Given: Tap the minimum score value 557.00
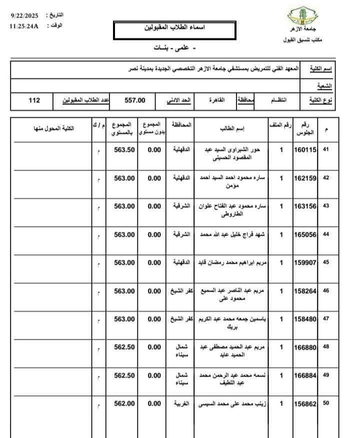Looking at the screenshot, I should pyautogui.click(x=135, y=100).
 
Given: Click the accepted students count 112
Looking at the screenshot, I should pyautogui.click(x=34, y=100).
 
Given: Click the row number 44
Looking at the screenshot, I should pyautogui.click(x=326, y=234).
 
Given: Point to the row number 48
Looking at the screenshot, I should pyautogui.click(x=326, y=347).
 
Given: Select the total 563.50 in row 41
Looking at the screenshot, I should pyautogui.click(x=124, y=149).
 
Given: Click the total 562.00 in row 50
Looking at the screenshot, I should pyautogui.click(x=124, y=404).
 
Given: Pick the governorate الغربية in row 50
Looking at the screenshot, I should pyautogui.click(x=180, y=404).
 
